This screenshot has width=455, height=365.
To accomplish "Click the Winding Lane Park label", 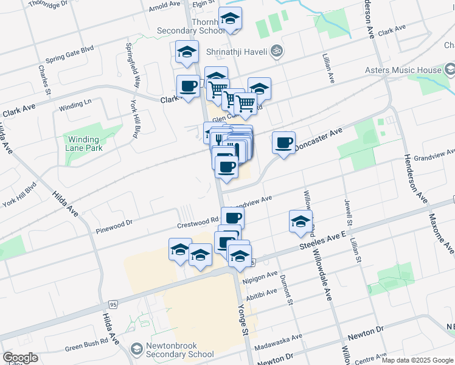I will click(x=85, y=143).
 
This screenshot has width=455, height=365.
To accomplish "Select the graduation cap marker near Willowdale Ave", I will click(x=300, y=223).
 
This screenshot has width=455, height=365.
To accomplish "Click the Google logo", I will click(x=21, y=358).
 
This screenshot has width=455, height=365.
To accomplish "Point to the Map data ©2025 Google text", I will click(x=417, y=360).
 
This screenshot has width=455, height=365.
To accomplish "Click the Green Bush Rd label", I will click(x=91, y=345).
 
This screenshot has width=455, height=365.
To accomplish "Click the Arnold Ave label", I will click(x=164, y=9).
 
